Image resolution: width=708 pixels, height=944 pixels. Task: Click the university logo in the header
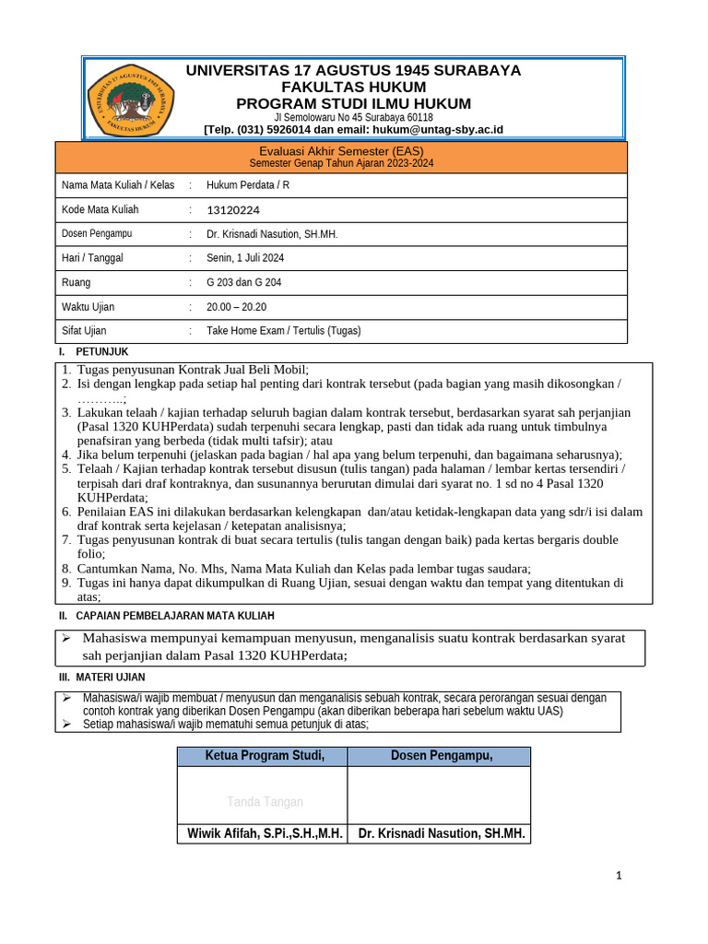(130, 100)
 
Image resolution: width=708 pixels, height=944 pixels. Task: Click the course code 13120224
(233, 210)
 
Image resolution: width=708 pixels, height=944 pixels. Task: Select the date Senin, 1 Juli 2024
(245, 258)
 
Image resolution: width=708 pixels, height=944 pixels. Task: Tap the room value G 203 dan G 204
(243, 282)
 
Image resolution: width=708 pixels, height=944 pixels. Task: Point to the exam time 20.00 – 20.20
(236, 307)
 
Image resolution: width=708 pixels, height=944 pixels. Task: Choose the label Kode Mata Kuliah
(100, 210)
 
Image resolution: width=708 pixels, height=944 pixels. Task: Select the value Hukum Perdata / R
(247, 185)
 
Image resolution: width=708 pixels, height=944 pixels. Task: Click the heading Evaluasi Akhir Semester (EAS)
(341, 151)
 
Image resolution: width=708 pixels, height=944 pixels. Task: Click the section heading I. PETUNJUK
(93, 352)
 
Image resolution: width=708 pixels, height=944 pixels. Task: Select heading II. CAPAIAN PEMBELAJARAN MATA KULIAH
(166, 616)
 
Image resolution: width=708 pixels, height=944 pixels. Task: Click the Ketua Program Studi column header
(263, 757)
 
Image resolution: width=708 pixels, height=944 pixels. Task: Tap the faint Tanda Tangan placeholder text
(265, 802)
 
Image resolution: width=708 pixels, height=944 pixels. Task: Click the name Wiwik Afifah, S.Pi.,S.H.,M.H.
(265, 834)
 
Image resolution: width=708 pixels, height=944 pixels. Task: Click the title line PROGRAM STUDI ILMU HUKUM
(353, 103)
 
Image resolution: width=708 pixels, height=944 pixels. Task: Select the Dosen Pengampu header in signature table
(441, 757)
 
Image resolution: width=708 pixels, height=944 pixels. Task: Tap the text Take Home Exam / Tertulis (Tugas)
(283, 331)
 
